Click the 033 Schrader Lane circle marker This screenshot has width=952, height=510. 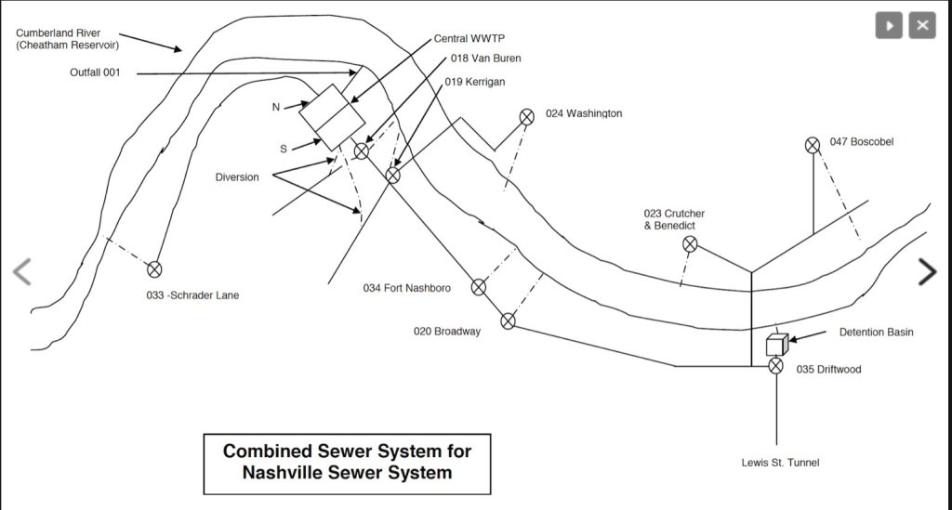pos(154,269)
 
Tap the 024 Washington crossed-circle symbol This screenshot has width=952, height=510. pos(526,116)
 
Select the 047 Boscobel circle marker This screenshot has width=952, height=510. pos(813,144)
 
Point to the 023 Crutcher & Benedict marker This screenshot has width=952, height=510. pos(690,244)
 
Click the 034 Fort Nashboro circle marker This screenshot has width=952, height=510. pos(478,287)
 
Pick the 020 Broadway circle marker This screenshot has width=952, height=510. pos(508,321)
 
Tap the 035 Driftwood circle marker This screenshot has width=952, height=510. pos(776,366)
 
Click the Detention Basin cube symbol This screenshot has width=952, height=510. pos(776,345)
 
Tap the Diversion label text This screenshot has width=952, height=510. pos(237,177)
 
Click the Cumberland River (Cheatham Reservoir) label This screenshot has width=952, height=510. pos(67,39)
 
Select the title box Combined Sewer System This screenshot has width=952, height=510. pos(346,462)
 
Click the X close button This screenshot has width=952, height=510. pos(921,25)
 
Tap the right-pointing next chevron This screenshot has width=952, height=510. pos(927,271)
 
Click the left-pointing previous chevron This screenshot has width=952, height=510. pos(22,271)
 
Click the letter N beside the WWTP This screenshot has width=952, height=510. pos(276,107)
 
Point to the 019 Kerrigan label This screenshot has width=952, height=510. pos(475,82)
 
